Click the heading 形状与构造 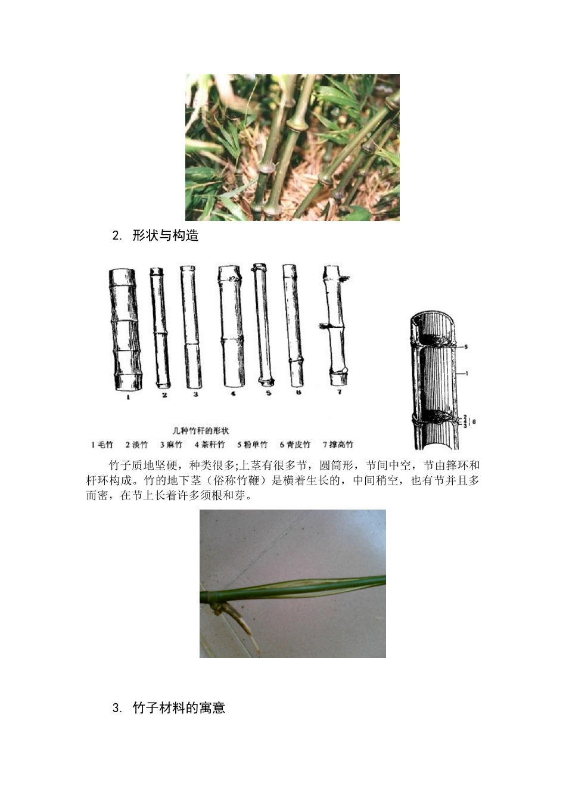click(165, 236)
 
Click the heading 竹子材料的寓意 click(178, 708)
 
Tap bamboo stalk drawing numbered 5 click(262, 325)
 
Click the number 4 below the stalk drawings click(234, 395)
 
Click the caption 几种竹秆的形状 click(201, 430)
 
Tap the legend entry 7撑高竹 click(338, 445)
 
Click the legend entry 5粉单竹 click(253, 445)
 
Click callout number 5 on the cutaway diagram click(467, 346)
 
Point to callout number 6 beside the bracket click(474, 422)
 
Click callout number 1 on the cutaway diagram click(467, 374)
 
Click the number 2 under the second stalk click(164, 395)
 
